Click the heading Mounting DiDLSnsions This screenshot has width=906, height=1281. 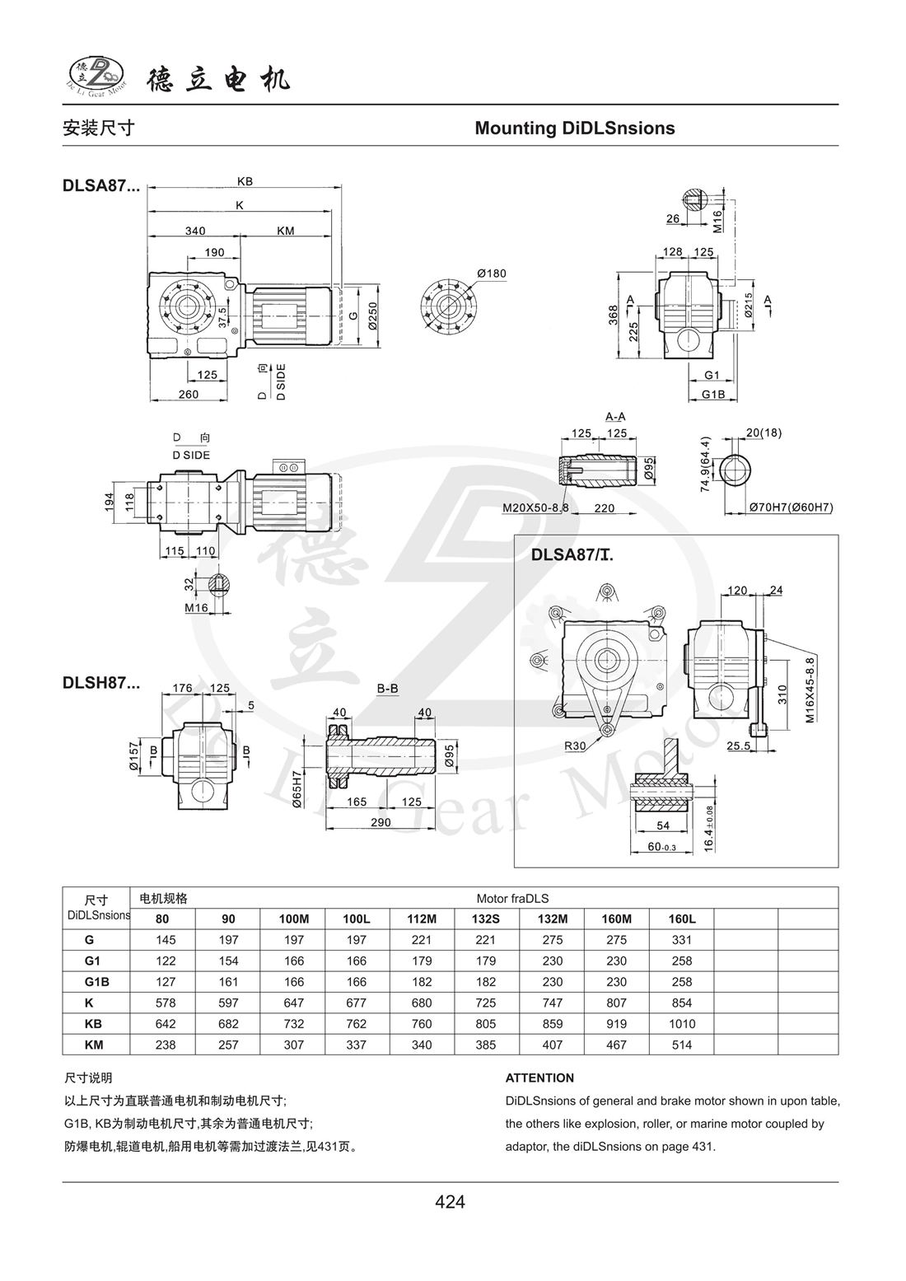574,129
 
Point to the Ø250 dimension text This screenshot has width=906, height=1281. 372,311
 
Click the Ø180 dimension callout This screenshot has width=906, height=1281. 491,273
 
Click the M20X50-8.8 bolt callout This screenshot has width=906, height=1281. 535,508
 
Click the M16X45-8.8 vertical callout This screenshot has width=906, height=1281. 810,689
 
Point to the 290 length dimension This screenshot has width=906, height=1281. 381,822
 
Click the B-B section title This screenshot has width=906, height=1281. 388,687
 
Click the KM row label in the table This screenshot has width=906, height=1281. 89,1045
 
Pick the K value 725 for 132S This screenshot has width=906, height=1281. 486,1003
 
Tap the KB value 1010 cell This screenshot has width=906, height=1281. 681,1024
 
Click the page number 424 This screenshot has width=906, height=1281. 450,1202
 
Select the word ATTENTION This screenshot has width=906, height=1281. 539,1078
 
